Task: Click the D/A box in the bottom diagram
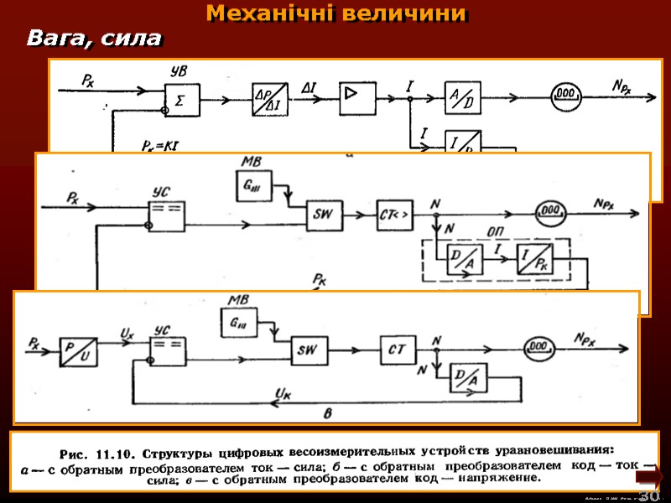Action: [x=468, y=381]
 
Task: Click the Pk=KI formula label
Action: [x=159, y=146]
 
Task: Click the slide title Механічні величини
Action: [x=336, y=14]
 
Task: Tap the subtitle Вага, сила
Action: [x=94, y=38]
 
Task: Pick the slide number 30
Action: [x=648, y=496]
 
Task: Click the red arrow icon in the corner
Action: [x=649, y=478]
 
